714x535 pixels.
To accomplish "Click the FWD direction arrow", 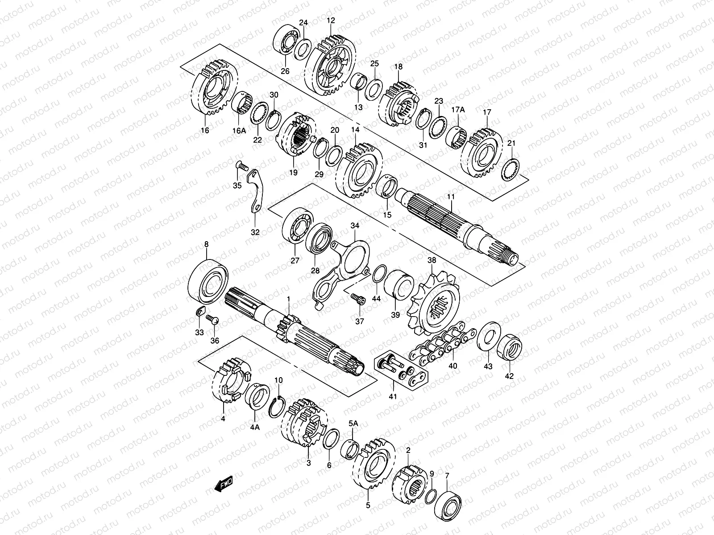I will (x=224, y=484).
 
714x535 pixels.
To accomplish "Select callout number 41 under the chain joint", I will (x=393, y=395).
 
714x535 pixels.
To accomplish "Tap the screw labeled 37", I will (x=357, y=299).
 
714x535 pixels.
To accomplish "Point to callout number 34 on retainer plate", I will (x=354, y=226).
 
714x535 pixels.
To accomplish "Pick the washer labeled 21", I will (x=511, y=170).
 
